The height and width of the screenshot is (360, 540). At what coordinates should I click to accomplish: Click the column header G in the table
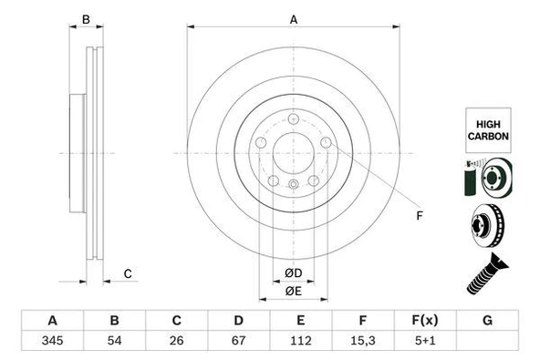tap(488, 321)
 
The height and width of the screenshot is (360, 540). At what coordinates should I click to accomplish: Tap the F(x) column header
tap(425, 321)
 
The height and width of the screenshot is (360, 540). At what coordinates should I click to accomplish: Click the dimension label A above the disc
tap(294, 19)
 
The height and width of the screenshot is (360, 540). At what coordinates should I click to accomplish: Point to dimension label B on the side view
tap(86, 19)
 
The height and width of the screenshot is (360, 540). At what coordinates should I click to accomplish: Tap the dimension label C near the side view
tap(128, 273)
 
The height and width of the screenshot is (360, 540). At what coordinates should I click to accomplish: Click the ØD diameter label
tap(293, 273)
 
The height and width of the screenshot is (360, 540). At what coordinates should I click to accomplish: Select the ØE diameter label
tap(293, 292)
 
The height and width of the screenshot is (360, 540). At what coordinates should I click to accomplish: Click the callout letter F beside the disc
tap(421, 215)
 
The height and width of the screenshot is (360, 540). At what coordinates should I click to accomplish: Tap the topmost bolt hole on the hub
tap(293, 120)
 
